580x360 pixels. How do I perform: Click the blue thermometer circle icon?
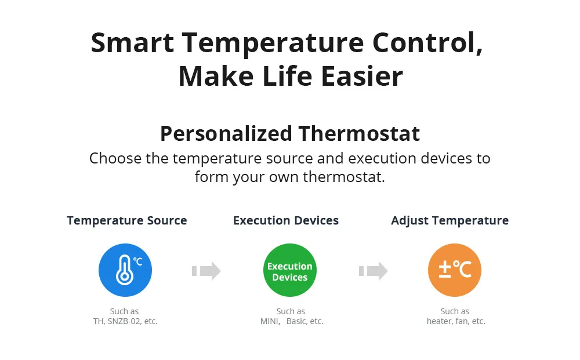[125, 270]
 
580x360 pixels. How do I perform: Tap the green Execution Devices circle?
[290, 270]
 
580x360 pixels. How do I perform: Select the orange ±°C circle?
[455, 270]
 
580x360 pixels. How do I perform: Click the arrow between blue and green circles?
[206, 271]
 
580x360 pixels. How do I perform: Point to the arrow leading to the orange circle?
[373, 271]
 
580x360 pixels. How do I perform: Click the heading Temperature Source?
[127, 221]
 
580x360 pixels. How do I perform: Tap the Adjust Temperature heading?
[450, 221]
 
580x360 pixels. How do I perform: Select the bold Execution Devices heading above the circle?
[286, 221]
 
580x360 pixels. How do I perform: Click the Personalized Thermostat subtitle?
[290, 133]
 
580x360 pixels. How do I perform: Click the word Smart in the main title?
[132, 43]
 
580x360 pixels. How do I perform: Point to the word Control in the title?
[427, 43]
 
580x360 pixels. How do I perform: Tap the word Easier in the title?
[362, 76]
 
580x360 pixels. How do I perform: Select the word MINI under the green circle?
[270, 321]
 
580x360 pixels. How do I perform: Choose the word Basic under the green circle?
[296, 321]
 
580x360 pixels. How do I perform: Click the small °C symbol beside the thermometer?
[137, 261]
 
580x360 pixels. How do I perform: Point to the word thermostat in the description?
[343, 177]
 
